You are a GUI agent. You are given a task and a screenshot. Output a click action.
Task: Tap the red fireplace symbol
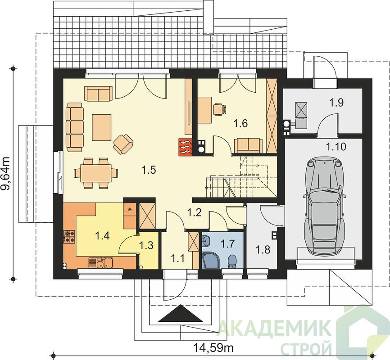coord(185,147)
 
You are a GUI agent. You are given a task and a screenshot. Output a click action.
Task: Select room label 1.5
coord(149,170)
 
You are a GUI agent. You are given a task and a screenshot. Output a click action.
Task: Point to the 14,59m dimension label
coord(213,347)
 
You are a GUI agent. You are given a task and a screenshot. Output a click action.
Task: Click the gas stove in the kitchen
coord(70,237)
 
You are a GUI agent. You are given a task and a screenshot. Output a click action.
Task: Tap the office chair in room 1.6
coord(220,109)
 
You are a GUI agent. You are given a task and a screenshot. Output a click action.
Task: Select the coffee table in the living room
coord(102,127)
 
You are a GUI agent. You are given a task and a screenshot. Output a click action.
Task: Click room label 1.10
coord(336,147)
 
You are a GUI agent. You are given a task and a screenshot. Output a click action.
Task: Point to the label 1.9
coord(336,103)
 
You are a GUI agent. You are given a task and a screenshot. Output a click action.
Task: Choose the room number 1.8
coord(263,250)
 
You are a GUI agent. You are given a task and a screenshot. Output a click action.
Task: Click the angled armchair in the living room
coord(123,144)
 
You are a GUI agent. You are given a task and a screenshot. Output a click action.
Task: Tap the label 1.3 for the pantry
coord(146,245)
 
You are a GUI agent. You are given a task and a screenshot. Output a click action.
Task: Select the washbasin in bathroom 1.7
coord(206,241)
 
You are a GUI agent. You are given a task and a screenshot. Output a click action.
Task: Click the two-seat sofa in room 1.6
coord(248,146)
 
